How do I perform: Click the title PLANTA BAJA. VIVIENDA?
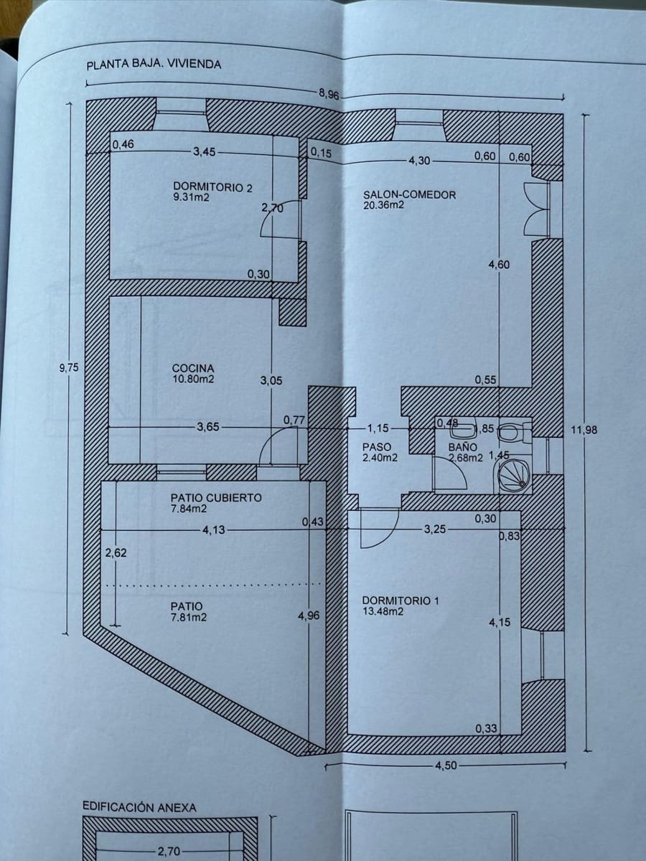[154, 65]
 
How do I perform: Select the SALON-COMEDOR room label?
[409, 194]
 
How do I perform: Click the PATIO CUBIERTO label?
[215, 497]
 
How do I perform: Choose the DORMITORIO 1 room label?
[400, 601]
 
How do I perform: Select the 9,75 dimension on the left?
[68, 367]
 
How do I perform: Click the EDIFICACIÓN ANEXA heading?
[139, 807]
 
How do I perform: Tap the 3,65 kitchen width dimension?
[210, 428]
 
